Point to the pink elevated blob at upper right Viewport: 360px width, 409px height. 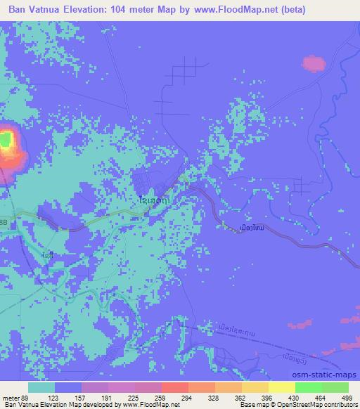pyautogui.click(x=314, y=63)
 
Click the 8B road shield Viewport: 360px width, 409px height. pyautogui.click(x=4, y=222)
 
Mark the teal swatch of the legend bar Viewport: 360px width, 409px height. pyautogui.click(x=41, y=387)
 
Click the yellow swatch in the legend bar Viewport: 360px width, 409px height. pyautogui.click(x=281, y=387)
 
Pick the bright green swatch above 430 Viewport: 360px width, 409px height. pyautogui.click(x=307, y=387)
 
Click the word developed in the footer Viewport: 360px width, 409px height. pyautogui.click(x=104, y=405)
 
